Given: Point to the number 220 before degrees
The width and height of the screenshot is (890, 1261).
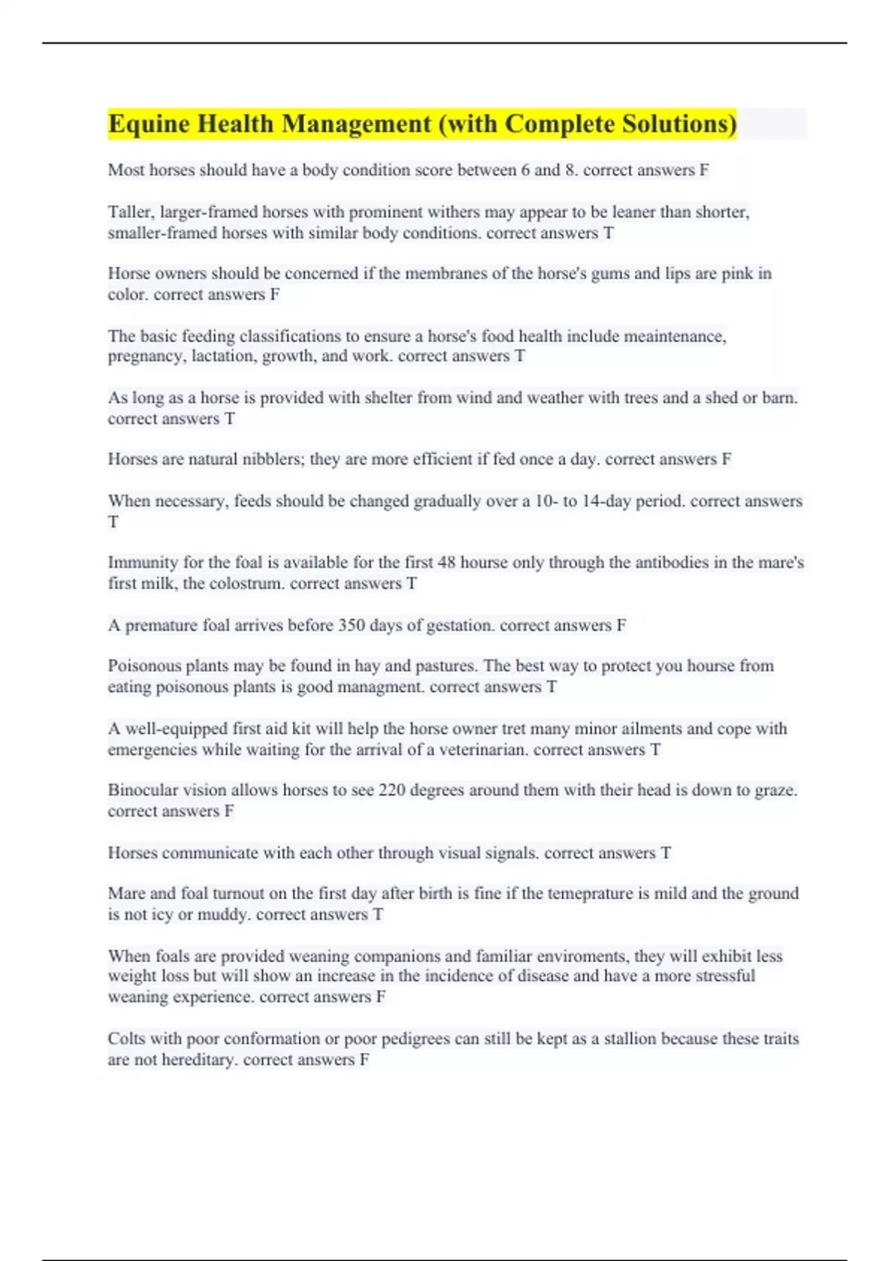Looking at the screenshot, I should point(392,790).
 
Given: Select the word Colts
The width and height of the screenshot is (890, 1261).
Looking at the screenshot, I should point(127,1038).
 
